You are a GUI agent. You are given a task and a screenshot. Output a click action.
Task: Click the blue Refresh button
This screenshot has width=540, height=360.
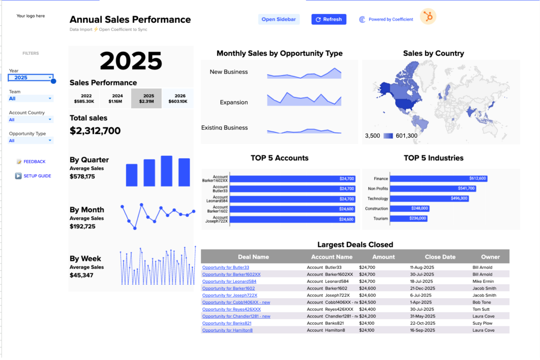[x=328, y=19]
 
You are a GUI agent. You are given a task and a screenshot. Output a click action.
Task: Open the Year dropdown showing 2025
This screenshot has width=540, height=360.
[x=31, y=78]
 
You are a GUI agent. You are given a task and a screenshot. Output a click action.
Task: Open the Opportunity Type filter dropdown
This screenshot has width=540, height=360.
[x=31, y=140]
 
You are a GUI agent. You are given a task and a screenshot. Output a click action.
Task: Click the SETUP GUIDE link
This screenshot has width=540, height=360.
[x=37, y=176]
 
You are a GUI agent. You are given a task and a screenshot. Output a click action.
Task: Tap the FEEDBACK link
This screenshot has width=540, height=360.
[x=34, y=162]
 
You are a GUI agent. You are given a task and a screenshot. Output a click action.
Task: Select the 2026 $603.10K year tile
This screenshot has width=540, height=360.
[x=178, y=98]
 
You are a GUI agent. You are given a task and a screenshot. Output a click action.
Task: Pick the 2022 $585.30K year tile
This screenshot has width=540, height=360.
[x=84, y=98]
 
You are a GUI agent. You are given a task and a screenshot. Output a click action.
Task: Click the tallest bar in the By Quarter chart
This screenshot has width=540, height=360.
[x=166, y=171]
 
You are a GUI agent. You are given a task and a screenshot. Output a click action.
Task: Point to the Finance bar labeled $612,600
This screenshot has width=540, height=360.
[x=438, y=178]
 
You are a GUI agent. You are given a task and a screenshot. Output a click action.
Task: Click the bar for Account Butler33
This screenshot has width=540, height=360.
[x=292, y=189]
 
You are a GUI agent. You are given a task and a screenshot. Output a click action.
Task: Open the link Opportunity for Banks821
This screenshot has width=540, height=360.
[x=227, y=323]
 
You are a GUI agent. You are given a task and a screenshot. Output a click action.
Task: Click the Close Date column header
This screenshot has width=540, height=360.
[x=440, y=257]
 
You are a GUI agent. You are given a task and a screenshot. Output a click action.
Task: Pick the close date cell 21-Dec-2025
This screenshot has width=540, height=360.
[x=423, y=288]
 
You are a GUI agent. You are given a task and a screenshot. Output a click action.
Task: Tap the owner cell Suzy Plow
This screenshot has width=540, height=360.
[x=482, y=323]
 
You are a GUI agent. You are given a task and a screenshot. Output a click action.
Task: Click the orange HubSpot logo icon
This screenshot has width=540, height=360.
[x=428, y=17]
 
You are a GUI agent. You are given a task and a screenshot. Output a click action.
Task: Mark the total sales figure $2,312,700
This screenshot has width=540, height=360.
[x=95, y=131]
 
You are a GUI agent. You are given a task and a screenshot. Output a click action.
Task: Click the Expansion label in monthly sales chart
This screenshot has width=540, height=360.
[x=234, y=102]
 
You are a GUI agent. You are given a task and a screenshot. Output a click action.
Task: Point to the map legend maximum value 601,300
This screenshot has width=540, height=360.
[x=406, y=136]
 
